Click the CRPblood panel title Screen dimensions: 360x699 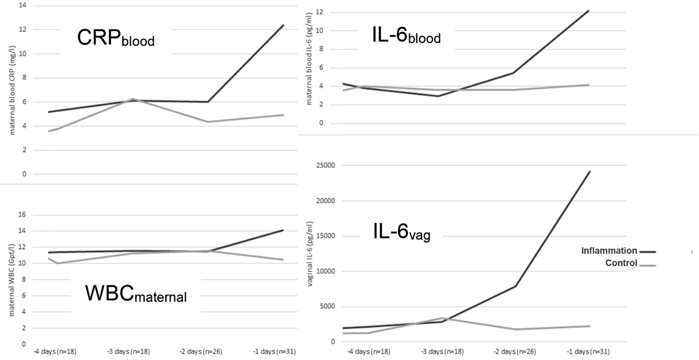click(116, 39)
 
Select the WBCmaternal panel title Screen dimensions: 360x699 click(136, 295)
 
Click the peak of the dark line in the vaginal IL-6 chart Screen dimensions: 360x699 click(589, 172)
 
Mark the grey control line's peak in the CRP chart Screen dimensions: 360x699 click(133, 99)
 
